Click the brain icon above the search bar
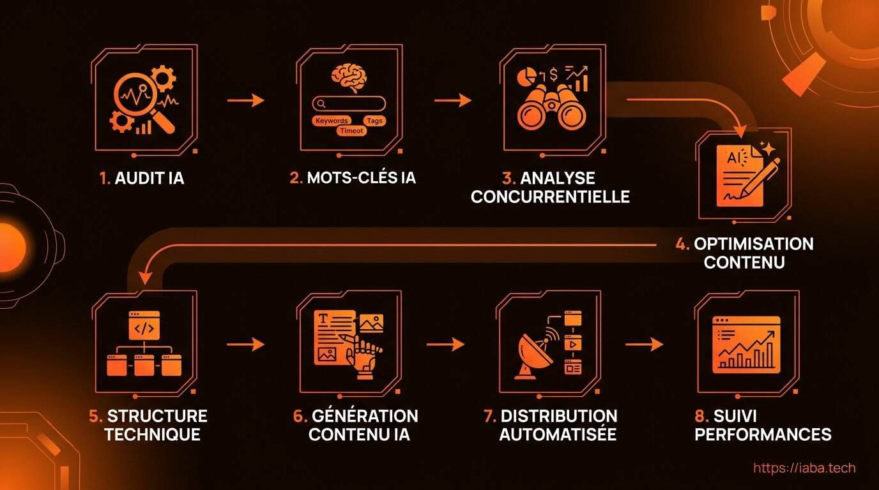349,77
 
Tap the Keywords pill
332,121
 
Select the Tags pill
375,121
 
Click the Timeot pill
351,131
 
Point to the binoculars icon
551,108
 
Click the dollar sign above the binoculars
553,74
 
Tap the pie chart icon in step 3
526,77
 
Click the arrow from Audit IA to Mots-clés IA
246,100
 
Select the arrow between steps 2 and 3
453,100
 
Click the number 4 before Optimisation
682,244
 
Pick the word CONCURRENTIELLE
550,197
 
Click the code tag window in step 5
144,325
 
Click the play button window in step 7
573,344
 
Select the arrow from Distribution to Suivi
644,345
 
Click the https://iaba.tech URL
804,468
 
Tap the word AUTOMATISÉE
558,434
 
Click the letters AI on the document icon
733,158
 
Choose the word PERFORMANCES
763,434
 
